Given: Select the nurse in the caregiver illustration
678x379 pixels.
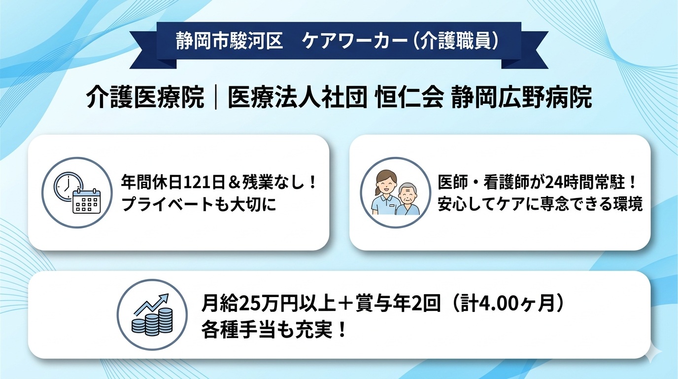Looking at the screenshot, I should point(385,192).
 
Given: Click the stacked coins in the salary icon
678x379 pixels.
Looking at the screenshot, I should point(151,321).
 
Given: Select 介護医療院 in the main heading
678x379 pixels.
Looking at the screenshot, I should point(145,99).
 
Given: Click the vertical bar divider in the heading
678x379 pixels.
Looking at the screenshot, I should point(216,99).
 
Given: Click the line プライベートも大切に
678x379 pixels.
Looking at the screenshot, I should point(199,204).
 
